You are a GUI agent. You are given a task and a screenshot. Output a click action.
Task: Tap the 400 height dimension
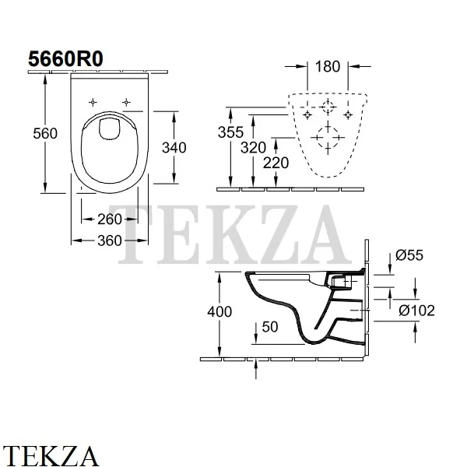(x=222, y=311)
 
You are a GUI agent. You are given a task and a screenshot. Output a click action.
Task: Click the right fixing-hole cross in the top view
(x=126, y=101)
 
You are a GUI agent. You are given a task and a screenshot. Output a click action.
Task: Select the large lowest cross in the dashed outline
(x=325, y=139)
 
